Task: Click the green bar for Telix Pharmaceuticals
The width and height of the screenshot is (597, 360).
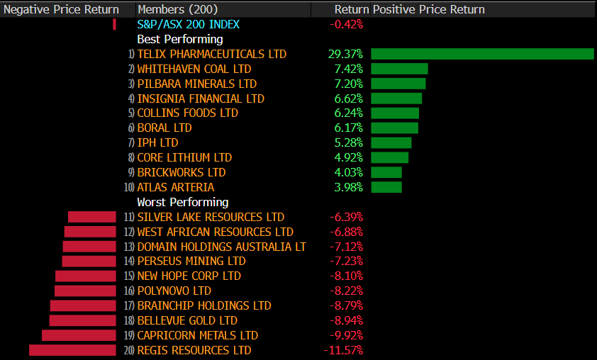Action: [x=482, y=54]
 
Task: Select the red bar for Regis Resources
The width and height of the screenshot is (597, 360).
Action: [x=72, y=350]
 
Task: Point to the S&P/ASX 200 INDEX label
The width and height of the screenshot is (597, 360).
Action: [x=188, y=24]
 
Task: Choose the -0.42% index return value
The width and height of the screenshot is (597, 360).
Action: [x=346, y=24]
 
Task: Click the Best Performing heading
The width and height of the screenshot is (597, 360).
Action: [x=179, y=39]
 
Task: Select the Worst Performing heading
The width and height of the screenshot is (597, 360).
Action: [x=182, y=202]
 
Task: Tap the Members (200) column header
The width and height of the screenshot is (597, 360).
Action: [x=177, y=9]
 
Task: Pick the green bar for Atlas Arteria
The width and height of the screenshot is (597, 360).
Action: [x=386, y=187]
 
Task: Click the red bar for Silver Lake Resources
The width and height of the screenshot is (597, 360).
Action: [x=92, y=217]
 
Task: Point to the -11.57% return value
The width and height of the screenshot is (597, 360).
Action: [x=343, y=350]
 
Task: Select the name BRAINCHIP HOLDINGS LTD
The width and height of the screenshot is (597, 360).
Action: [x=204, y=305]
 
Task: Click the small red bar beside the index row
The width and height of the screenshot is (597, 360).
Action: [x=114, y=24]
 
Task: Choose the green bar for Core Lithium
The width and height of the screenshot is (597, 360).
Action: [x=390, y=157]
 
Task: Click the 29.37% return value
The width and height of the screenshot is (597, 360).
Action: [x=346, y=54]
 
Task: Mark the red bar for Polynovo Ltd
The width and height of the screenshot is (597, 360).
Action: [x=85, y=291]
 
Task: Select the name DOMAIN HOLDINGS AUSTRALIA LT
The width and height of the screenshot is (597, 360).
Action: [x=221, y=247]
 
